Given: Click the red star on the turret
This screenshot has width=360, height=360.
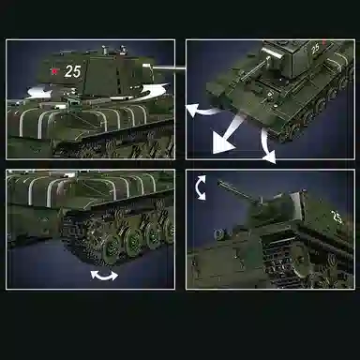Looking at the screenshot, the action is coord(55,71).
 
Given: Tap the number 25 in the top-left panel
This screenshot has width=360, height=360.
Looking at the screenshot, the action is coord(72,71).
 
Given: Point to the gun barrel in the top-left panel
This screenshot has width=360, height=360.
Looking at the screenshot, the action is coord(164,67).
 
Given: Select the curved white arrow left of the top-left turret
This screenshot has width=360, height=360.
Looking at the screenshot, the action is coord(40,91).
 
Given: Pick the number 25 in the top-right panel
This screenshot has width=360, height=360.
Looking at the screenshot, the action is coord(315,48).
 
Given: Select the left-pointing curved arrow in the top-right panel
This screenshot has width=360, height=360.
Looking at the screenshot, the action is coord(202,111).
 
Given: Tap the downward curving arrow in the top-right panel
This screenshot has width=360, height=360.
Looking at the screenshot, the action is coord(267,145).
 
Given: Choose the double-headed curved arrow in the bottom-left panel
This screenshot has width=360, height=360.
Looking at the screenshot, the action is coord(104,276).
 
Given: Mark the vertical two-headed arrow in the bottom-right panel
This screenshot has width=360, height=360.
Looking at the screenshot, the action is coord(200,187).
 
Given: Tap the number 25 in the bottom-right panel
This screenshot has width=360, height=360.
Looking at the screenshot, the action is coord(337,217).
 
